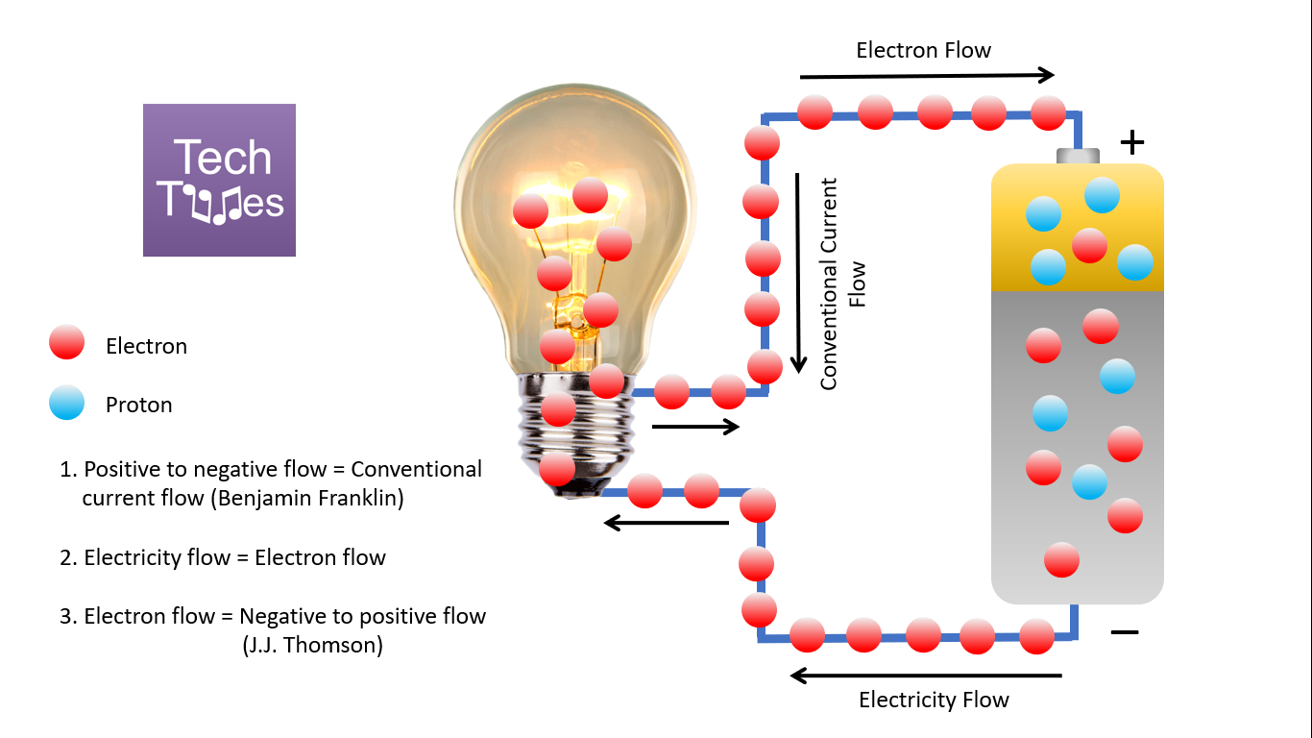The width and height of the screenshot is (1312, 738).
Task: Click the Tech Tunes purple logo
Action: pyautogui.click(x=219, y=180)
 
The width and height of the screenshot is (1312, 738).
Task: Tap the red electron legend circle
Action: pyautogui.click(x=66, y=343)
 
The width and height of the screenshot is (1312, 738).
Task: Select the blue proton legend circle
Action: pyautogui.click(x=66, y=404)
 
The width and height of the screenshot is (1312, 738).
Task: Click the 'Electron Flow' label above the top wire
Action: pyautogui.click(x=923, y=50)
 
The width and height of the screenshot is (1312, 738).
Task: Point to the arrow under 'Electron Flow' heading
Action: pyautogui.click(x=927, y=75)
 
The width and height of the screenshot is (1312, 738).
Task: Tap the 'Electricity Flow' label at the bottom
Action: pyautogui.click(x=934, y=700)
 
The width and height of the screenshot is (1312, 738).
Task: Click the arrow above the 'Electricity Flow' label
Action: pyautogui.click(x=926, y=676)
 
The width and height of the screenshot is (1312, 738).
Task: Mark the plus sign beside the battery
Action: pyautogui.click(x=1133, y=143)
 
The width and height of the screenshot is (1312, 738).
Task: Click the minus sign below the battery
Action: pyautogui.click(x=1124, y=631)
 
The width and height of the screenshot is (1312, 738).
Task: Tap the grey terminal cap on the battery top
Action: pyautogui.click(x=1078, y=156)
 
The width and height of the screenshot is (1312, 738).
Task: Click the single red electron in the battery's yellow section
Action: pyautogui.click(x=1089, y=245)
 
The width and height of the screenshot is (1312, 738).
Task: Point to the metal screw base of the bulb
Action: pyautogui.click(x=576, y=432)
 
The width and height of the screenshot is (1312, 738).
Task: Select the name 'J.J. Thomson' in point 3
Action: pyautogui.click(x=312, y=645)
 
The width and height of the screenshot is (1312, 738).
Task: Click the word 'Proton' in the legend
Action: pyautogui.click(x=138, y=405)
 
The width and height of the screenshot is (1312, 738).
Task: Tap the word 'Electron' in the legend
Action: pyautogui.click(x=146, y=346)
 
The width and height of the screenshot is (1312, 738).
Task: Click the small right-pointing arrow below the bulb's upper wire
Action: pyautogui.click(x=695, y=427)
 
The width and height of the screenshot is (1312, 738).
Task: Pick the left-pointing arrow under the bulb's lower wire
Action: pyautogui.click(x=666, y=523)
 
